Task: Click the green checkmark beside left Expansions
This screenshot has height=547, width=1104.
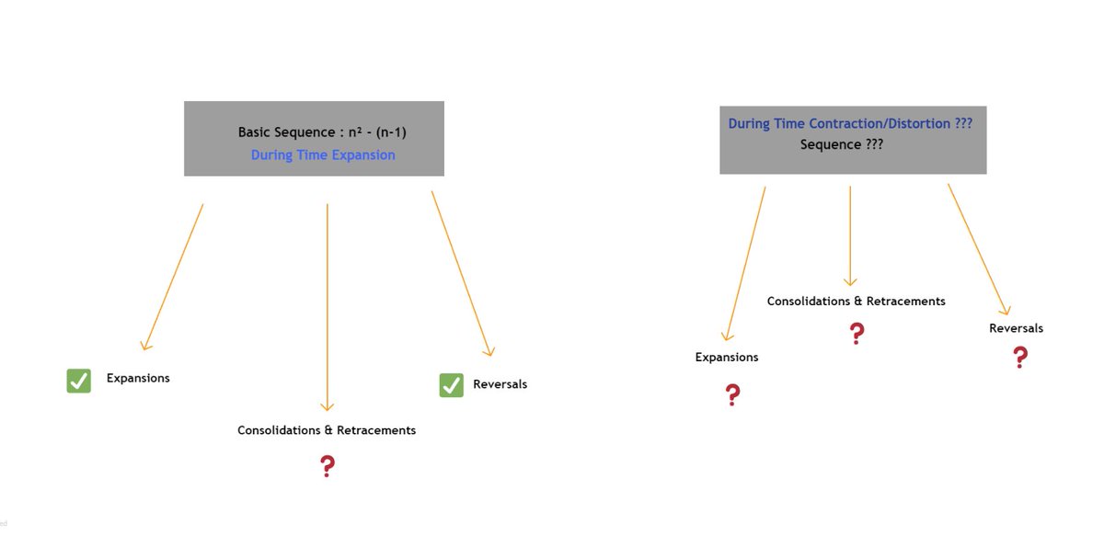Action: tap(79, 381)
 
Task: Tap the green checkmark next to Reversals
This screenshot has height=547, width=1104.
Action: tap(451, 385)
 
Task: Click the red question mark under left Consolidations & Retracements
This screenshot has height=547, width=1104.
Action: tap(327, 466)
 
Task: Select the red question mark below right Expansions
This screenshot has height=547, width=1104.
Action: tap(732, 395)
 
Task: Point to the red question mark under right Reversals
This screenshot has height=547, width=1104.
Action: tap(1019, 357)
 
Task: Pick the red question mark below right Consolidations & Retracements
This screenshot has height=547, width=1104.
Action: tap(857, 333)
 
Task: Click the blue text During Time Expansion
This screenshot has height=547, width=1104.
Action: tap(323, 155)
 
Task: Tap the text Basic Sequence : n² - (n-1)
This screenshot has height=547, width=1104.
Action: tap(322, 132)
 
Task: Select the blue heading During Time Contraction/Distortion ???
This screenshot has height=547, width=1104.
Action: tap(850, 123)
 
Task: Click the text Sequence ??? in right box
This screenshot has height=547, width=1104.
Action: tap(842, 144)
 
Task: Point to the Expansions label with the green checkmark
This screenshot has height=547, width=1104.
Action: tap(138, 378)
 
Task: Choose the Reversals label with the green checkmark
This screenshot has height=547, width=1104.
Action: tap(500, 384)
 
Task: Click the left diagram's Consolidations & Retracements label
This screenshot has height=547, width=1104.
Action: tap(327, 430)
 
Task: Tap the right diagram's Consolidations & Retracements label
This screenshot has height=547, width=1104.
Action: tap(856, 302)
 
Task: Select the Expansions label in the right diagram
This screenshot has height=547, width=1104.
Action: tap(727, 358)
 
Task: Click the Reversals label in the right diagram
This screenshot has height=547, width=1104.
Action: tap(1016, 328)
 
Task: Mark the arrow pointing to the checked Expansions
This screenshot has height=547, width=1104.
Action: tap(172, 277)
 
